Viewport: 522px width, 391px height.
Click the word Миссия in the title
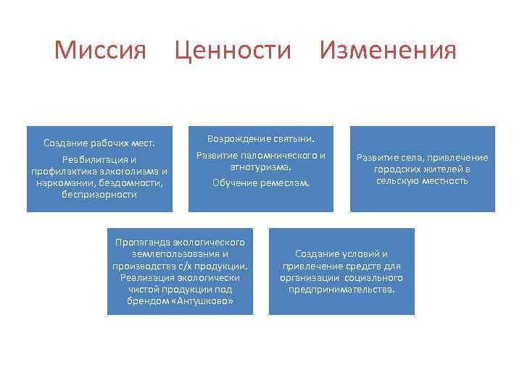[x=100, y=51]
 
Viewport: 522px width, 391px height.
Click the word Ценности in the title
[x=233, y=51]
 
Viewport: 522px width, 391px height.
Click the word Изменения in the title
[x=388, y=51]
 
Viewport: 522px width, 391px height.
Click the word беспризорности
[x=99, y=195]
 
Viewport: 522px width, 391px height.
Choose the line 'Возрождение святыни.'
[x=260, y=138]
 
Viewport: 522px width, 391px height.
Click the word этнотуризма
[x=260, y=167]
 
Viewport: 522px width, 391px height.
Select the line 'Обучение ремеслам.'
[x=260, y=183]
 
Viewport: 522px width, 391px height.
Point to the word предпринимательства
[x=341, y=289]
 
